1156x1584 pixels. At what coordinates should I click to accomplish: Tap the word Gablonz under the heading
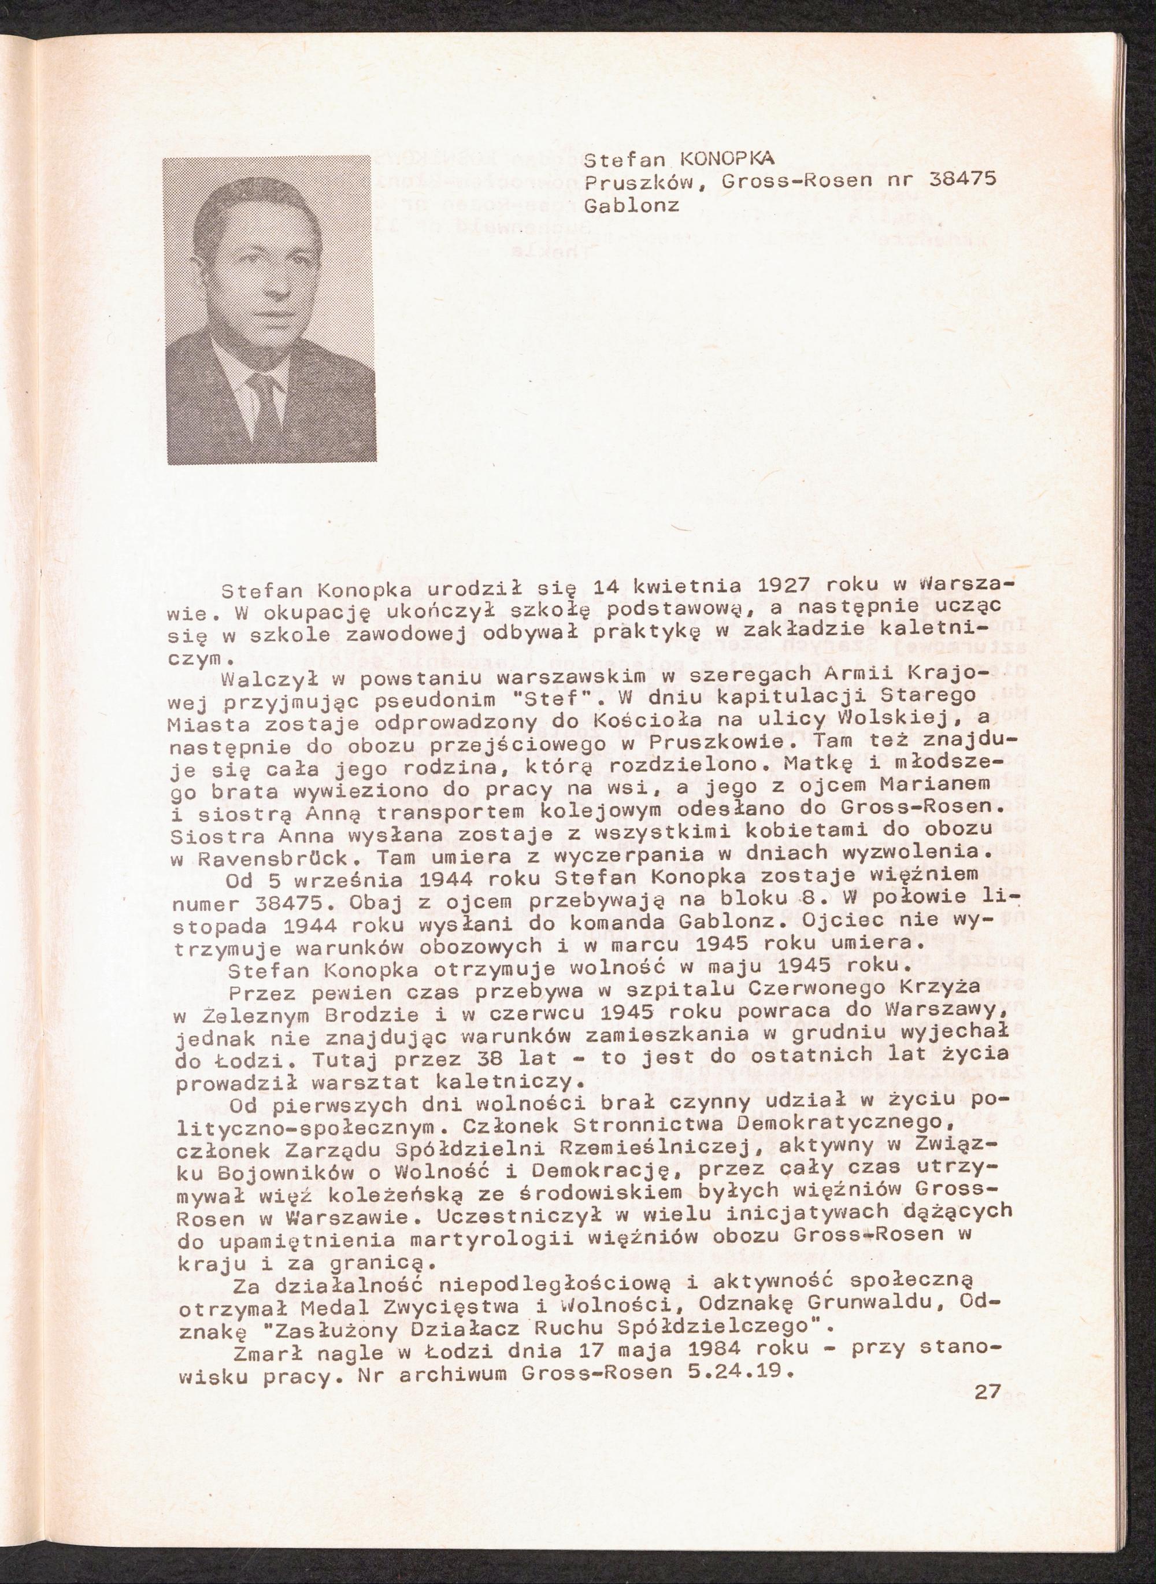pyautogui.click(x=631, y=206)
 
